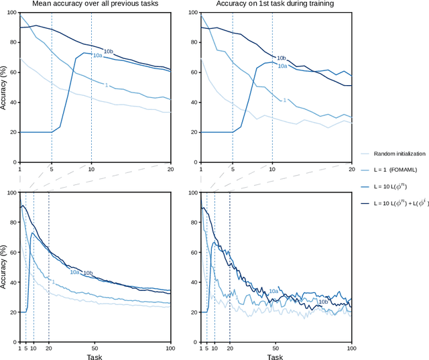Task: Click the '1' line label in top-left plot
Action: coord(105,85)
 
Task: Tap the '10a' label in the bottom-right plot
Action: coord(273,291)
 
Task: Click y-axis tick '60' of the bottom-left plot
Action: coord(11,252)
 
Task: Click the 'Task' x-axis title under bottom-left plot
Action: coord(95,357)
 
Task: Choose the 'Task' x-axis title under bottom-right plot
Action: coord(275,357)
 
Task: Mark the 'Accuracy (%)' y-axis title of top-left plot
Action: coord(4,88)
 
